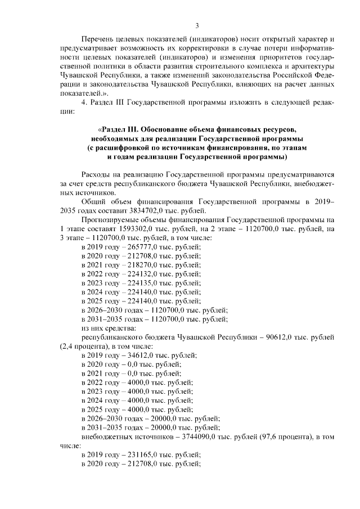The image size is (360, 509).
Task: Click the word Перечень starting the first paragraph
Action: point(98,39)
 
